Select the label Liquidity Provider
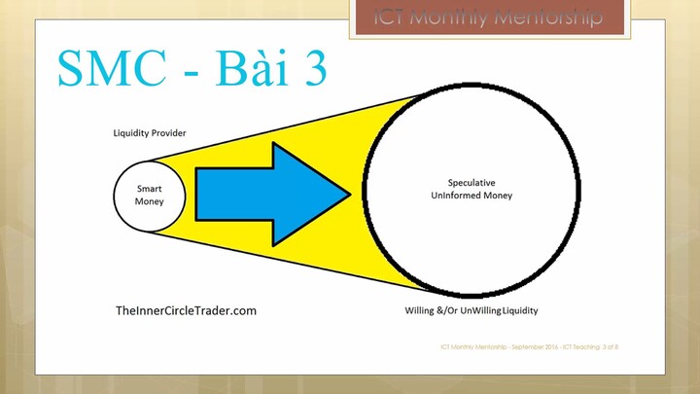pos(150,132)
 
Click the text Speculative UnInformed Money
pos(472,189)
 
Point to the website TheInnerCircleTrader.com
pos(186,310)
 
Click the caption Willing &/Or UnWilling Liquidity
pos(472,311)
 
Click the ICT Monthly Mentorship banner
pos(489,18)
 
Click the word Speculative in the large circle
pos(472,182)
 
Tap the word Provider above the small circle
pos(168,132)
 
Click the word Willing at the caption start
pos(420,311)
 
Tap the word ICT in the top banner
pos(393,18)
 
